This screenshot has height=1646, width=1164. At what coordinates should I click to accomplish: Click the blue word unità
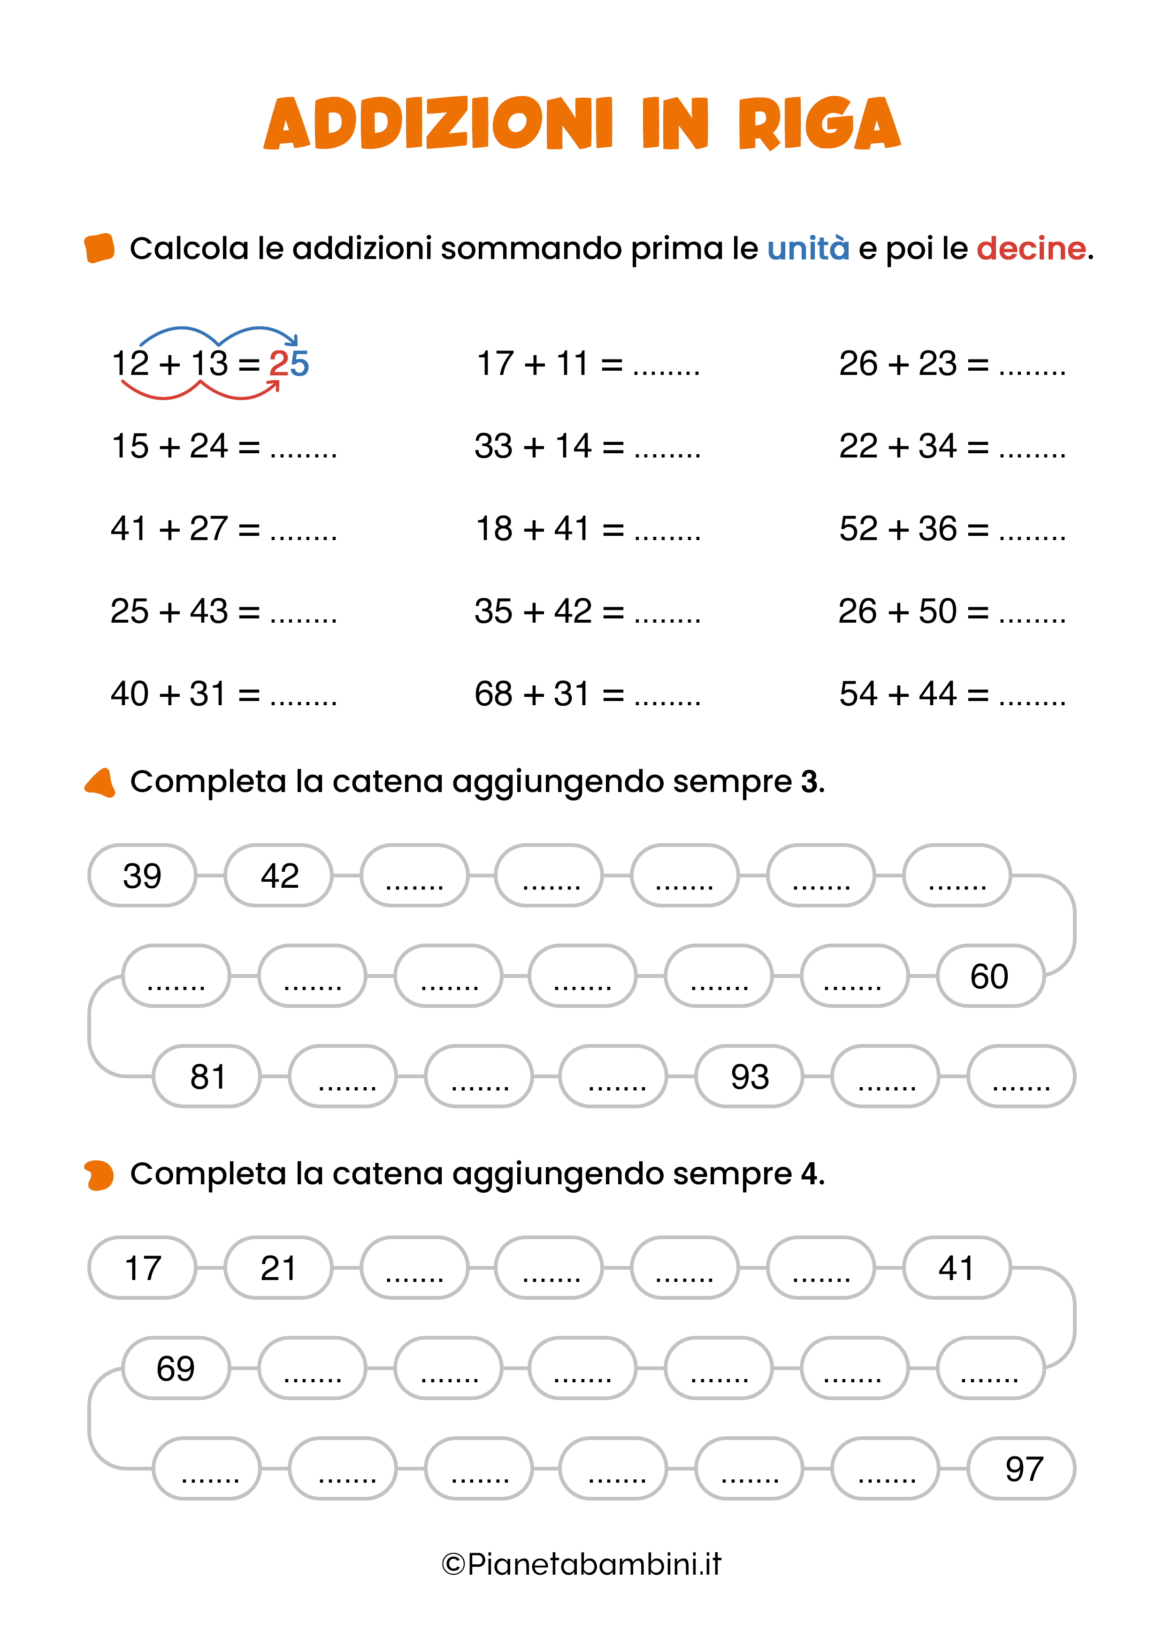[x=808, y=249]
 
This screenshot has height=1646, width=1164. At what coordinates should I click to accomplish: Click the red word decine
[x=1031, y=249]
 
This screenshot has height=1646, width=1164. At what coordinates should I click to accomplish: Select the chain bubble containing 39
[x=142, y=876]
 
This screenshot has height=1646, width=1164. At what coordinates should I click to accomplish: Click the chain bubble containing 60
[x=990, y=975]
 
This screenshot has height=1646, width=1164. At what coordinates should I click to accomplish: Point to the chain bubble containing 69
[x=176, y=1368]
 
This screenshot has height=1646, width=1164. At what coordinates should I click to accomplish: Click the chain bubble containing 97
[x=1021, y=1468]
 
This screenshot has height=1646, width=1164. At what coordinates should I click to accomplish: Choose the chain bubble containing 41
[x=957, y=1267]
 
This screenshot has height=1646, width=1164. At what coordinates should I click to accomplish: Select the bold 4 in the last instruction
[x=810, y=1174]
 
